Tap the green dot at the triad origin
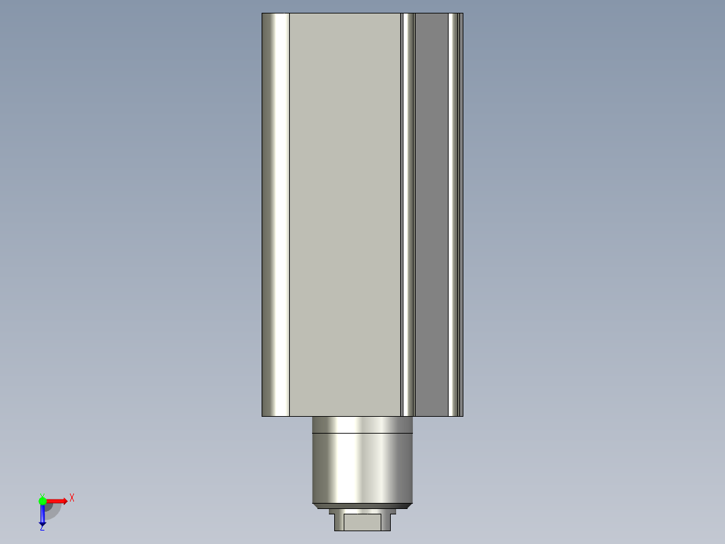point(42,501)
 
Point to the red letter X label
point(72,498)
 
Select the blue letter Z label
point(42,528)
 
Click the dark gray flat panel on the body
point(431,215)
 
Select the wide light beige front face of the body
point(345,215)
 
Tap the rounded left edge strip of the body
point(276,215)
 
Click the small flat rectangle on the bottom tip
point(362,522)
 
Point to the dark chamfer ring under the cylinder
point(362,506)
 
